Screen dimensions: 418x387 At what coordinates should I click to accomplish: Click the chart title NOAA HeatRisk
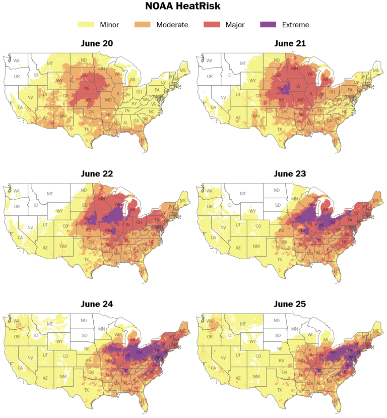(x=193, y=7)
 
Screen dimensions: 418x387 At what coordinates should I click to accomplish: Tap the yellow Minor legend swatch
(x=86, y=24)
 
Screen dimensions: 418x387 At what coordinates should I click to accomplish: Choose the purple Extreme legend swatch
(x=267, y=24)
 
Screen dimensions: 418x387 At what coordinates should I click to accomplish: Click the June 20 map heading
(x=97, y=43)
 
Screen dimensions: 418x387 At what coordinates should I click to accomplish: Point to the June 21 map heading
(x=290, y=43)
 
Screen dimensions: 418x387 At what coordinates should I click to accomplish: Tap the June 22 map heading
(x=97, y=174)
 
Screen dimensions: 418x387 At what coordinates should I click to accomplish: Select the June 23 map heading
(x=290, y=174)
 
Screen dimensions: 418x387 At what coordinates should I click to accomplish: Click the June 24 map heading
(x=97, y=304)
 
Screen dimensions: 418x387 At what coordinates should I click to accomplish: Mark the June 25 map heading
(x=290, y=304)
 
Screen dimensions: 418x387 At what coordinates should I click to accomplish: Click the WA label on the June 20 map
(x=17, y=61)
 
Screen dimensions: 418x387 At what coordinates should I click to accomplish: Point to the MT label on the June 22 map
(x=50, y=194)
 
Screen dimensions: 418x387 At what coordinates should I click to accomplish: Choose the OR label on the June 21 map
(x=210, y=77)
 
